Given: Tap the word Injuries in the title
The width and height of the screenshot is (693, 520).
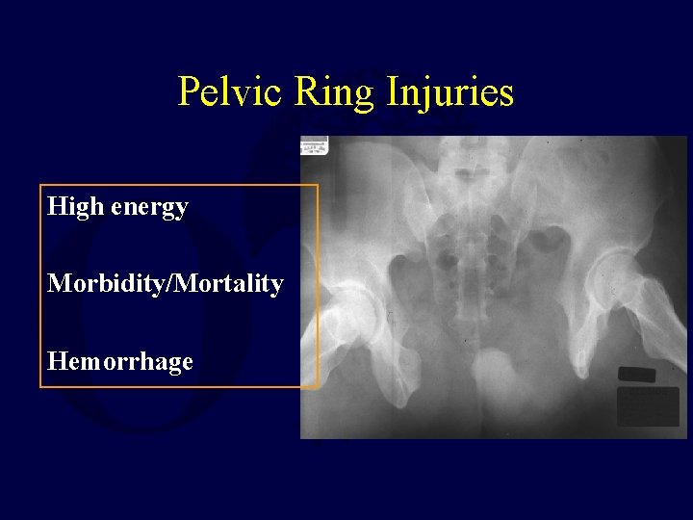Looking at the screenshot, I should (x=451, y=92).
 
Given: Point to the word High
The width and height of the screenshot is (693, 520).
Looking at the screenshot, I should (x=75, y=206).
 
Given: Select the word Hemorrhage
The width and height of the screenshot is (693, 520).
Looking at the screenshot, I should (x=120, y=362).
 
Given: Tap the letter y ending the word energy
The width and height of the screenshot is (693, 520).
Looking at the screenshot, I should (x=182, y=210).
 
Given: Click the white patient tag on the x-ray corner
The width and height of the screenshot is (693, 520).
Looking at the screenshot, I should (x=315, y=145).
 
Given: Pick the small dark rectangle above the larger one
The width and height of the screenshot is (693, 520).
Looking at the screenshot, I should (x=636, y=375).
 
